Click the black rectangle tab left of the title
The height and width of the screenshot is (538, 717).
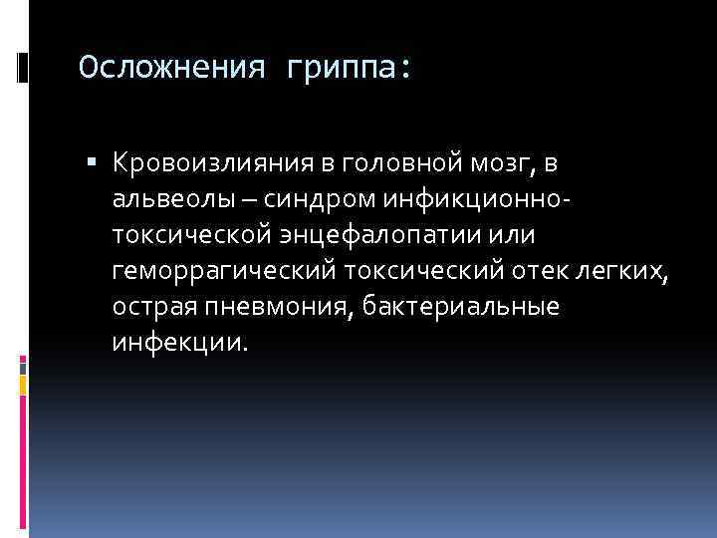[22, 69]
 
